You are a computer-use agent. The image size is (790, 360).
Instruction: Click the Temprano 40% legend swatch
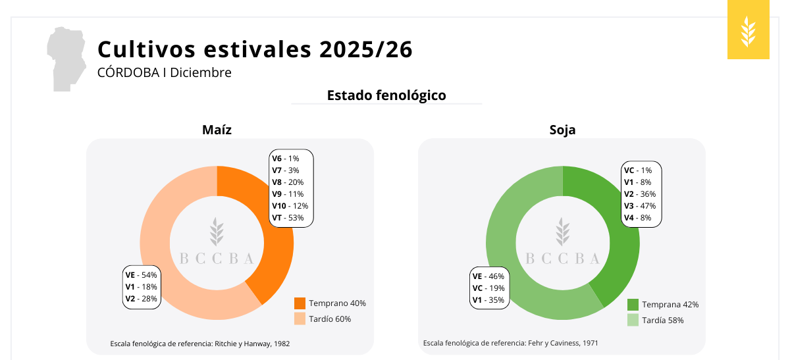tap(300, 303)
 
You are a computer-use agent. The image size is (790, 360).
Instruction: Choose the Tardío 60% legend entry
tap(323, 319)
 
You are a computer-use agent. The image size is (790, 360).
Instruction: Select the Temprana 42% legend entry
tap(663, 305)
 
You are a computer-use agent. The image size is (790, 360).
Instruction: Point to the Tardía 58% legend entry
tap(656, 320)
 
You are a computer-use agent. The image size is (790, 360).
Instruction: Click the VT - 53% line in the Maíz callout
tap(288, 218)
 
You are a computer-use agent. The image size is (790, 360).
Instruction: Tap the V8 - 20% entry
tap(288, 182)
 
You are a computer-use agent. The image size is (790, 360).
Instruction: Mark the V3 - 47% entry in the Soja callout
tap(640, 205)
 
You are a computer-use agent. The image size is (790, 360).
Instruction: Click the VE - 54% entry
tap(141, 275)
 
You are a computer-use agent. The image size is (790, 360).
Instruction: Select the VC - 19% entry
tap(488, 288)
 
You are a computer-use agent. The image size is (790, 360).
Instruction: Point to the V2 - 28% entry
tap(141, 299)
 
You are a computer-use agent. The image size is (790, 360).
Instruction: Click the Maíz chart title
tap(217, 130)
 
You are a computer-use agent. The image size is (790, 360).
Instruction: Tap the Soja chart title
tap(562, 130)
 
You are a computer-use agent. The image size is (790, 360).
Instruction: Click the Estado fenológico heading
tap(386, 95)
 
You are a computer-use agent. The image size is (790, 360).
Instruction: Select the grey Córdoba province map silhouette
tap(66, 59)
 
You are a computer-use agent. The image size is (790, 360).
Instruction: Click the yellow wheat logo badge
tap(749, 30)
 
